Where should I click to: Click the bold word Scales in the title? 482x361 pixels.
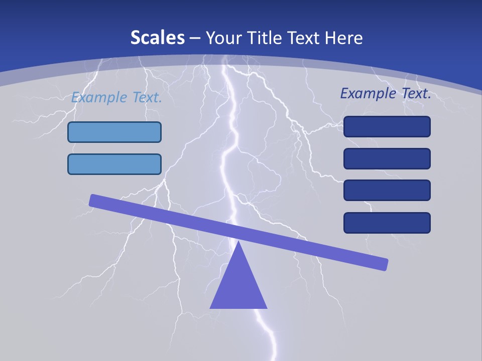click(x=157, y=38)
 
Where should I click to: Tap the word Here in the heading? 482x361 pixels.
click(x=344, y=38)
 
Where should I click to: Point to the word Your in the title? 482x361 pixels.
click(x=223, y=38)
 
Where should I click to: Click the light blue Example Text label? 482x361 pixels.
click(x=116, y=97)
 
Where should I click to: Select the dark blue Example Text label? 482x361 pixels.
click(x=386, y=93)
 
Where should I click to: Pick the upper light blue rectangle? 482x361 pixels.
click(x=114, y=132)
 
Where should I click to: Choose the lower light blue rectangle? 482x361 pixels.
click(x=114, y=164)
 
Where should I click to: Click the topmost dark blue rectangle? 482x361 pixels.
click(x=387, y=127)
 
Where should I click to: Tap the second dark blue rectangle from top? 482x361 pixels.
click(x=387, y=158)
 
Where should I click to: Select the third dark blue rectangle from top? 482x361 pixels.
click(x=387, y=190)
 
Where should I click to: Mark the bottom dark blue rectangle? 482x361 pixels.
click(x=387, y=223)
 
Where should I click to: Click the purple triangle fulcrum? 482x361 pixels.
click(x=238, y=286)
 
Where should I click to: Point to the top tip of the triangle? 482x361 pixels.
click(x=238, y=242)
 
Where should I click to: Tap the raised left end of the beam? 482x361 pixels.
click(x=93, y=200)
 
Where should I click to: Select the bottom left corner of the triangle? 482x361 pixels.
click(x=211, y=307)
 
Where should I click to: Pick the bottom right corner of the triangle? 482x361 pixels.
click(x=266, y=307)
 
